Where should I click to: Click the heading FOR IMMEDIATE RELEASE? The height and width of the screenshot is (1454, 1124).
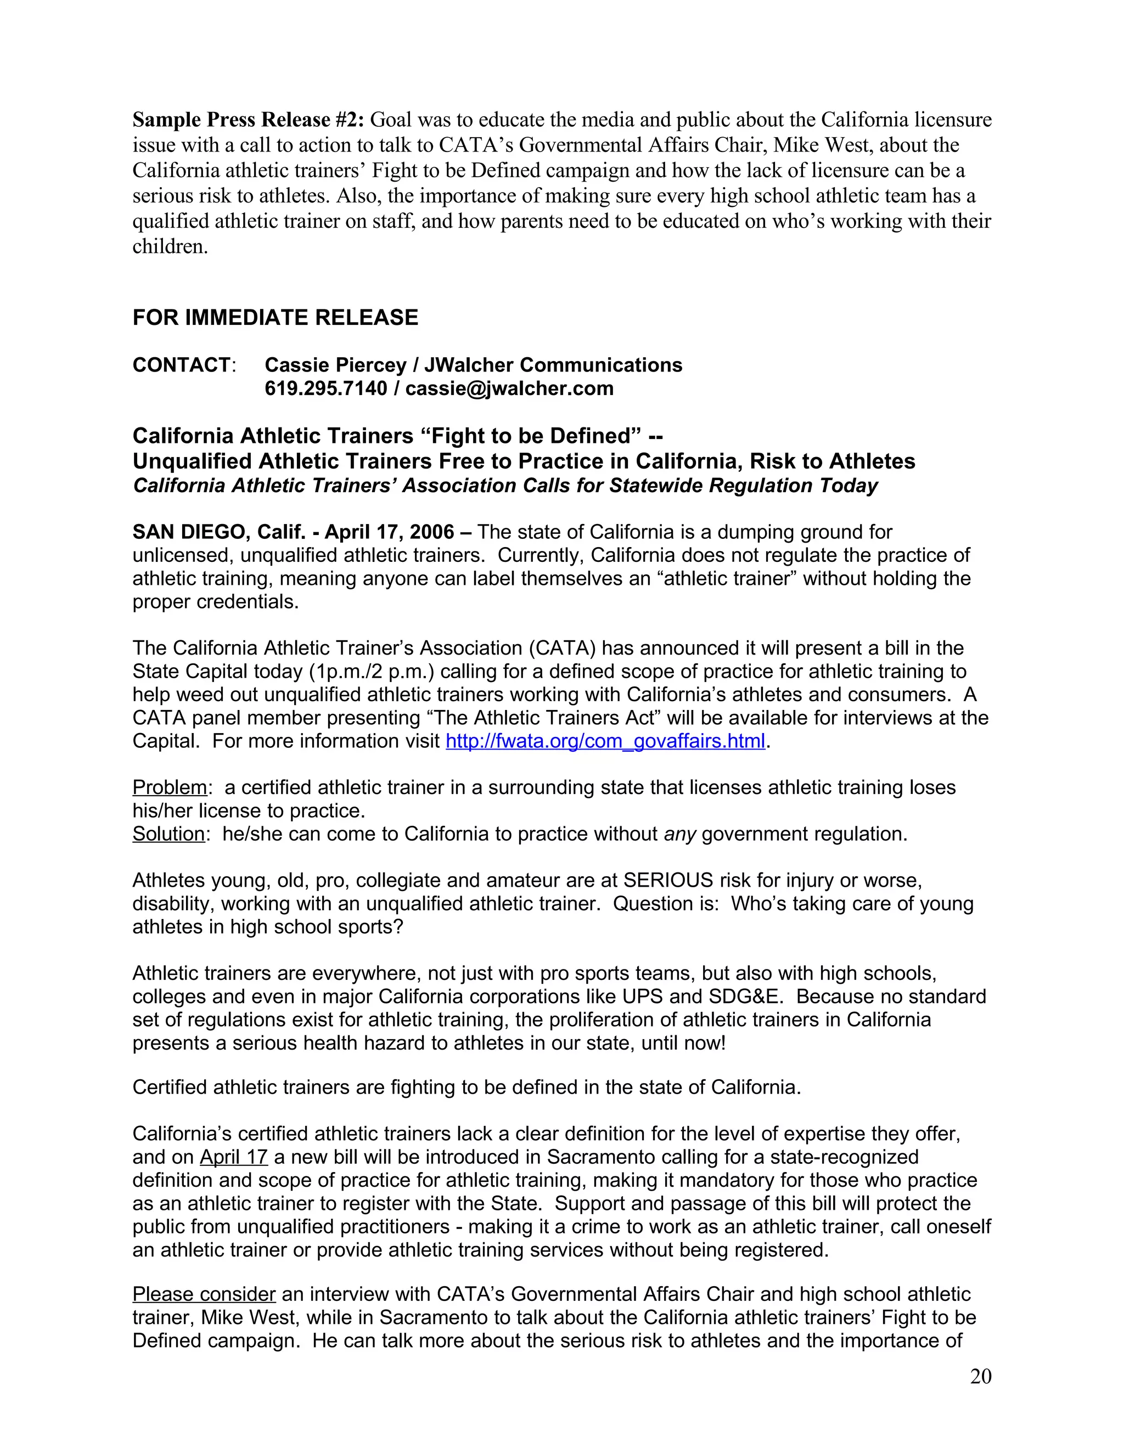click(x=275, y=318)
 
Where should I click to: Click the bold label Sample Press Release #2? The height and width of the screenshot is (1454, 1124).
click(x=248, y=120)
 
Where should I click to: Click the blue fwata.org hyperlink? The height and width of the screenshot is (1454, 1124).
click(x=605, y=741)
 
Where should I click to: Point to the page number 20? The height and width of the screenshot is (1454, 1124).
click(x=980, y=1376)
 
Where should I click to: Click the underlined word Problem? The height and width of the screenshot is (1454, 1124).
click(x=170, y=787)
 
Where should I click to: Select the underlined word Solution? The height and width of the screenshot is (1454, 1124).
click(x=168, y=834)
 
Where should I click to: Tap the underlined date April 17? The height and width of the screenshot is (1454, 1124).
click(x=233, y=1157)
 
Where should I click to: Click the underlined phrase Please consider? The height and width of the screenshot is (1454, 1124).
click(x=204, y=1294)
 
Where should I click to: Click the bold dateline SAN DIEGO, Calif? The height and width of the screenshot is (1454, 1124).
click(x=218, y=532)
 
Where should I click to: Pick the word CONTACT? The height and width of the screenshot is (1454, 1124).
click(x=181, y=365)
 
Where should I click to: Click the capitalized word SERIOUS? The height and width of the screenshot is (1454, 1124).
click(x=668, y=881)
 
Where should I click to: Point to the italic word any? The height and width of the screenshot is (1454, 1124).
click(x=679, y=834)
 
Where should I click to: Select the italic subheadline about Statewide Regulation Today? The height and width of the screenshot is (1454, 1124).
click(x=505, y=486)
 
